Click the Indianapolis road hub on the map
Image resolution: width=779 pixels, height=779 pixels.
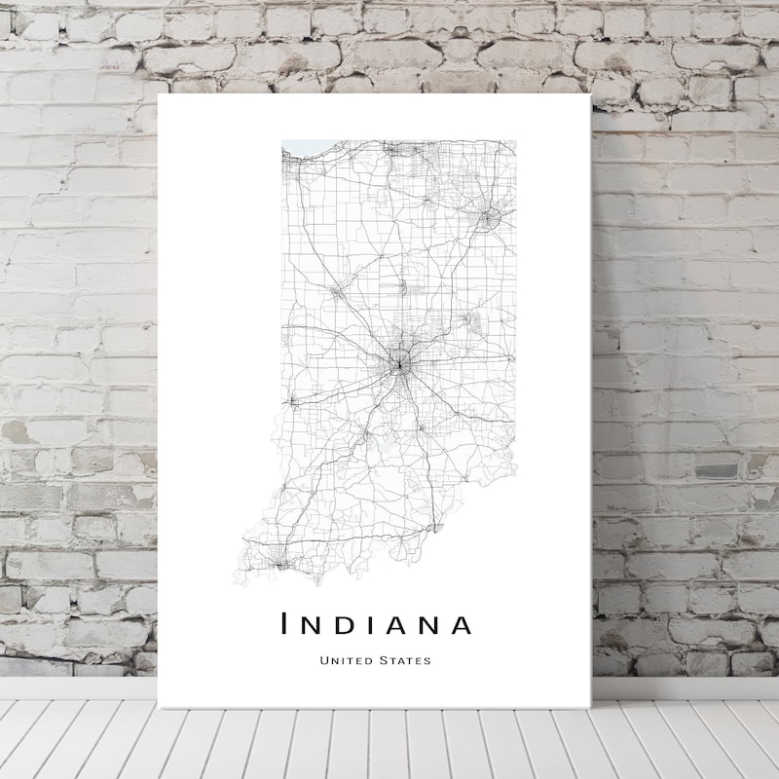pos(397,365)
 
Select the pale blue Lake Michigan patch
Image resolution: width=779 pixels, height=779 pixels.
pos(291,148)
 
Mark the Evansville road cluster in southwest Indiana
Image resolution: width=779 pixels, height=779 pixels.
pos(280,562)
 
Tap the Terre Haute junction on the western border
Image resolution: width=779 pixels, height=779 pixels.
pos(289,400)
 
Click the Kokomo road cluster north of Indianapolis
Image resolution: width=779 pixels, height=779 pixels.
pos(402,286)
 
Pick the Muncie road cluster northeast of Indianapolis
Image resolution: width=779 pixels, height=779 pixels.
pos(466,316)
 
